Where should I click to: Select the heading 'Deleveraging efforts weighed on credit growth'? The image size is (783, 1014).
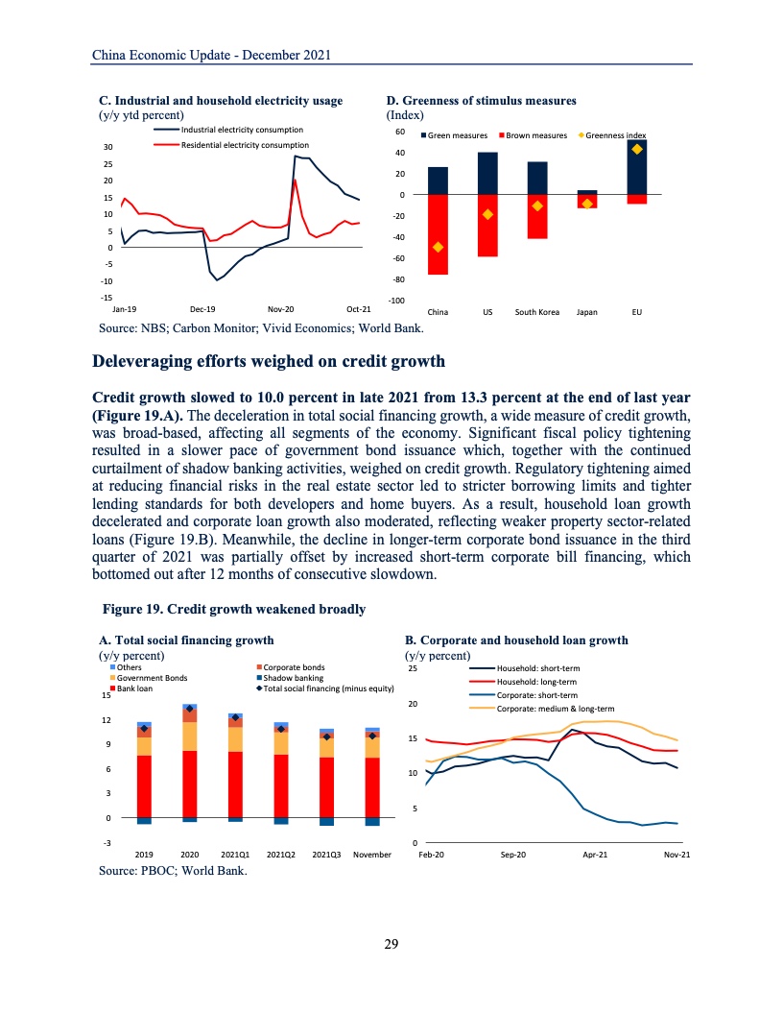point(268,361)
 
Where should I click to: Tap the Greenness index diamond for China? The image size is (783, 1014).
point(439,247)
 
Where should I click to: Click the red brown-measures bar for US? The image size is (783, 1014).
point(487,226)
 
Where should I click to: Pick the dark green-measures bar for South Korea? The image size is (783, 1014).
point(537,178)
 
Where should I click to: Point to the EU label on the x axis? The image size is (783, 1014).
point(637,312)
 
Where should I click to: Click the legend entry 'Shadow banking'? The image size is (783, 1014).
point(293,677)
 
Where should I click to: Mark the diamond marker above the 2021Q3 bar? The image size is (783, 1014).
point(326,736)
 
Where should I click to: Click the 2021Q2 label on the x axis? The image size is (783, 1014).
point(281,853)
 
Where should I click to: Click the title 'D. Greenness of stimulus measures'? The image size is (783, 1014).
point(481,100)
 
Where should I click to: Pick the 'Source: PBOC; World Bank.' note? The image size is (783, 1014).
point(173,871)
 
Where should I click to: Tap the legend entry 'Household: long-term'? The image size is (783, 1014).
point(536,681)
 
